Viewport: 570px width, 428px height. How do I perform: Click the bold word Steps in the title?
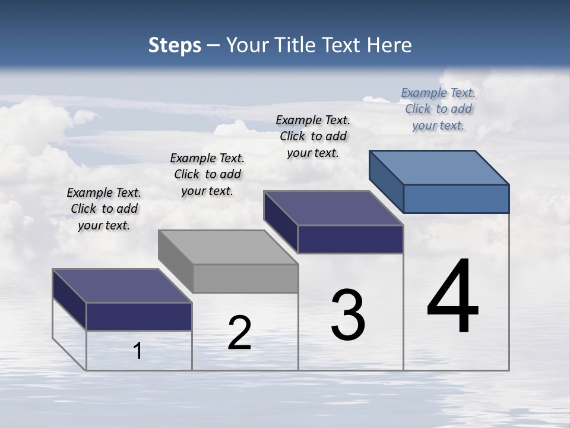(x=175, y=46)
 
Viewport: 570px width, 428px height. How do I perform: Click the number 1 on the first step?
(x=138, y=351)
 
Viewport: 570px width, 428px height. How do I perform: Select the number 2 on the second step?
(x=239, y=333)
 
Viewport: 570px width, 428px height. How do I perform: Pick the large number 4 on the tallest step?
(x=453, y=297)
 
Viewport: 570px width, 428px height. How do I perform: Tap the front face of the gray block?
(x=246, y=278)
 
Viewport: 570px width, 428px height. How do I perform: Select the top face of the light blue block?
(x=439, y=167)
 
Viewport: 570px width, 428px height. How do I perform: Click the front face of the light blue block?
(x=456, y=199)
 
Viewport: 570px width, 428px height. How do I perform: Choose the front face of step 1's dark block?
(x=139, y=316)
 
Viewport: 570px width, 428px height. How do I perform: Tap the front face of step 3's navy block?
(x=350, y=239)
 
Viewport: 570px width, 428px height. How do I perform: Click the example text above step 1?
(x=104, y=209)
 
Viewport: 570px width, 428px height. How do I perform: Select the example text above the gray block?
(x=207, y=174)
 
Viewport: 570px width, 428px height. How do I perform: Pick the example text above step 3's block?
(x=313, y=136)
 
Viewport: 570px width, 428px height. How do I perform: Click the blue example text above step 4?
(x=438, y=109)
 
